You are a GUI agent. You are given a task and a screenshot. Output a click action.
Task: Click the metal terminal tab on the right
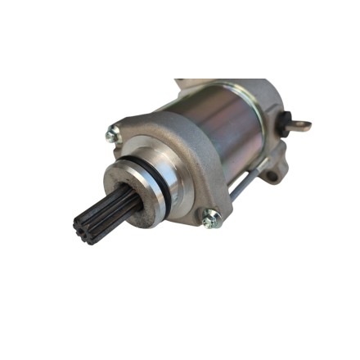click(300, 125)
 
